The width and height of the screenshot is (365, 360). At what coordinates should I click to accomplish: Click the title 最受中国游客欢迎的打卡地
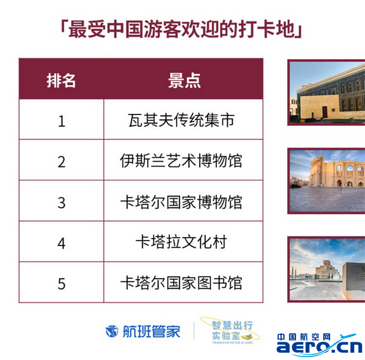point(181,30)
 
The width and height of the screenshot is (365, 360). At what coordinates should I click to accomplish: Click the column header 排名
point(61,80)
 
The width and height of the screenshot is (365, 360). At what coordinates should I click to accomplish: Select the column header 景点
point(184,80)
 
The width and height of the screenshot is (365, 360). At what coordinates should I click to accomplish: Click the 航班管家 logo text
point(152,331)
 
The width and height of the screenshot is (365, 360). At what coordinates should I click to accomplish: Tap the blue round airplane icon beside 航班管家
point(112,331)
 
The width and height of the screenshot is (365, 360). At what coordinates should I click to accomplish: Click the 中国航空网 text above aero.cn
point(304,337)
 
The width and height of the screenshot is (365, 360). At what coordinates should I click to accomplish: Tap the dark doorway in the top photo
point(325,112)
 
